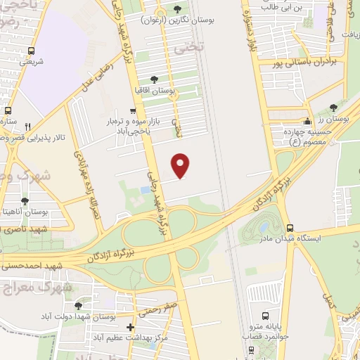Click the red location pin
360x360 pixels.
[x=181, y=165]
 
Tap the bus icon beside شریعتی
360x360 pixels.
[x=31, y=51]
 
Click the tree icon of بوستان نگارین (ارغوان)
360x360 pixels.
[x=177, y=11]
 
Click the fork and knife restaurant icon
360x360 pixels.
[x=27, y=127]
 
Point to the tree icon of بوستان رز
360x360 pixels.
[x=333, y=108]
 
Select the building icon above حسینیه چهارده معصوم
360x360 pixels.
[x=307, y=122]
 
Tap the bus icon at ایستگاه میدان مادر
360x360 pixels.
[x=290, y=227]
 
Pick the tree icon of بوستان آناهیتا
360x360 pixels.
[x=25, y=201]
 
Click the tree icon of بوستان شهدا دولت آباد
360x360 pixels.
[x=78, y=306]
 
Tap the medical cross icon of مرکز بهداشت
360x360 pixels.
[x=130, y=327]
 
